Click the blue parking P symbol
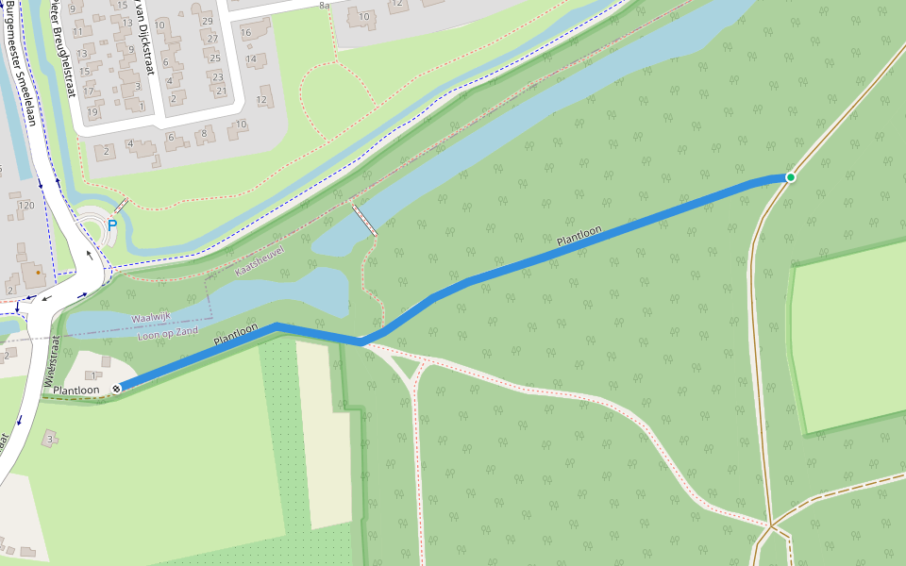click(x=112, y=225)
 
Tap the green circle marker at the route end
click(x=791, y=177)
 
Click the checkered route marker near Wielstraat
click(x=117, y=387)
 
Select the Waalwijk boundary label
click(x=152, y=318)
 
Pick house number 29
click(x=208, y=21)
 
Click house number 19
click(x=92, y=112)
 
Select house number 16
click(x=245, y=33)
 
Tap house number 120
click(x=26, y=206)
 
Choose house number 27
click(x=212, y=40)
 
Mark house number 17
click(x=89, y=92)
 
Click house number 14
click(x=251, y=58)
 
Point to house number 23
click(x=216, y=76)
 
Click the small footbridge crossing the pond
click(x=364, y=219)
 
